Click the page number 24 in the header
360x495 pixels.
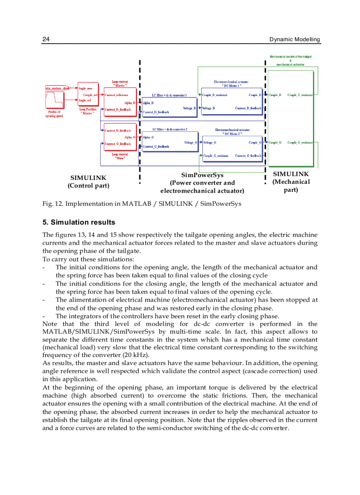45,39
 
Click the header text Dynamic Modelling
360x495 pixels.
294,39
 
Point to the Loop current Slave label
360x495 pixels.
120,156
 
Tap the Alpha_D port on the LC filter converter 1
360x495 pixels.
148,102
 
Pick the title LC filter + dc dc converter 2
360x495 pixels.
170,130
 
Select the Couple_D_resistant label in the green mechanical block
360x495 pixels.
300,95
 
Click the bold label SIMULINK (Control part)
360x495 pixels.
88,182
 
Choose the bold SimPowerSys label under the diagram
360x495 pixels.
202,175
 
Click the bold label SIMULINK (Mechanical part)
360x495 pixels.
291,182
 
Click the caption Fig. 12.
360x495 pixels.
52,204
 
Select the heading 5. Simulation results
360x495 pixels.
79,222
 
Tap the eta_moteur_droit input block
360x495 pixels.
57,88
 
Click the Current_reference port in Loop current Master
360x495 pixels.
116,95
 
